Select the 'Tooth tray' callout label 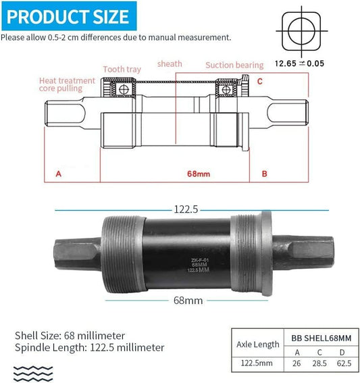[123, 69]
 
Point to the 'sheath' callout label [170, 64]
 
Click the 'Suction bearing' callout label [234, 66]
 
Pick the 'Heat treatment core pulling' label [67, 84]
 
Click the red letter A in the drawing [59, 174]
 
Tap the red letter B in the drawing [264, 174]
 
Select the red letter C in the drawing [259, 81]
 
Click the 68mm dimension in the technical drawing [199, 174]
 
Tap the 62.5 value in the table [343, 362]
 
